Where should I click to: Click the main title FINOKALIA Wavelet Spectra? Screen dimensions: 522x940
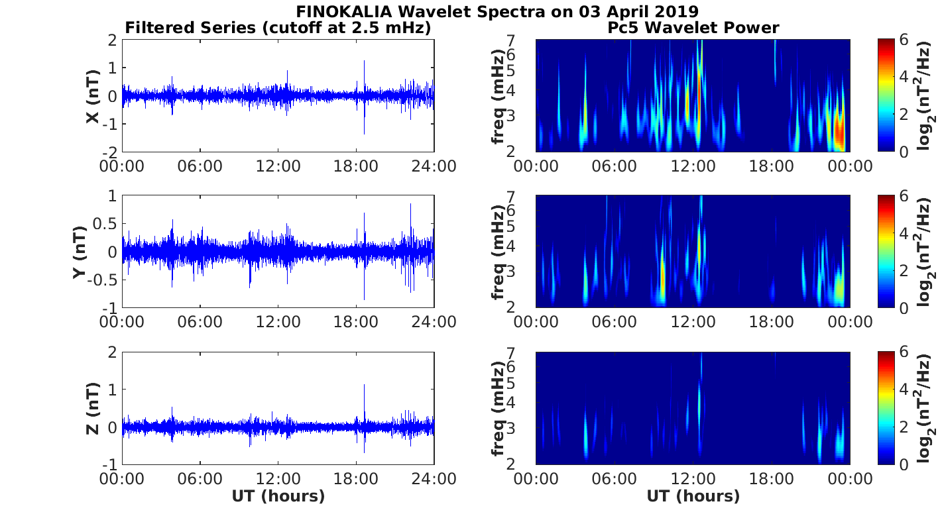497,12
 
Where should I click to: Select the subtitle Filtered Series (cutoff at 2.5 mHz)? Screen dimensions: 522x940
278,28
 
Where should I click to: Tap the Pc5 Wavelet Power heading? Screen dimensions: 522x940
693,28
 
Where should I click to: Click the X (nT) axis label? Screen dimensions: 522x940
93,96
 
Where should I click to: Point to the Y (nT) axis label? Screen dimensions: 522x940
80,252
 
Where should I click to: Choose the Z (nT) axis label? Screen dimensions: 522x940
93,408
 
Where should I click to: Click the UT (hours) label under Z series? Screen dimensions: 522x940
278,496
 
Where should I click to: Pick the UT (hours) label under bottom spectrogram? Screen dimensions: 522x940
693,496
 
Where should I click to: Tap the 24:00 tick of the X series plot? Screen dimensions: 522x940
434,166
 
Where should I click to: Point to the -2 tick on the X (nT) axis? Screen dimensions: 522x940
109,152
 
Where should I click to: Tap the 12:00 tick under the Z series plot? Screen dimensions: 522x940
278,478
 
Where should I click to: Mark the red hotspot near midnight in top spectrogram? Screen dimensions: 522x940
839,132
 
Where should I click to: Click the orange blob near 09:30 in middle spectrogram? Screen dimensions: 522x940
662,282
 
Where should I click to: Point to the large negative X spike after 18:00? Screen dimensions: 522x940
363,129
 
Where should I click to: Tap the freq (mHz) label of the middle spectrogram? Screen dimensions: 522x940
498,252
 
